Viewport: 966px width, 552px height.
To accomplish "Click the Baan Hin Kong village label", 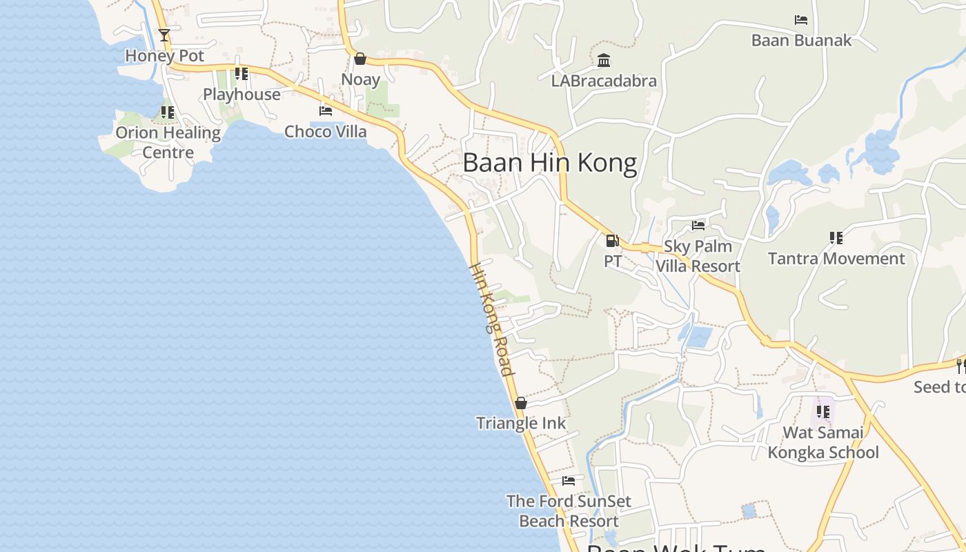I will [549, 163].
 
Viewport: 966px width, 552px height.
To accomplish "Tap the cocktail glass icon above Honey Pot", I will [164, 34].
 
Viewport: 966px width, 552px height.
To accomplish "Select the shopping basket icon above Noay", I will [359, 59].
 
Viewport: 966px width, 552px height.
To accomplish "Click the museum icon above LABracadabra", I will [604, 61].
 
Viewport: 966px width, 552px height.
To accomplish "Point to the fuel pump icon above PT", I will [612, 241].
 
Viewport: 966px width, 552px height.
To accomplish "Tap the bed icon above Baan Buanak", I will [801, 20].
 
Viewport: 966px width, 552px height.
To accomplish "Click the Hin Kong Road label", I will [491, 319].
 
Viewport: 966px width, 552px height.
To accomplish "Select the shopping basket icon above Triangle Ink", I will [521, 403].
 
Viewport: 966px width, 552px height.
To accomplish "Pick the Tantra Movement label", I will [836, 259].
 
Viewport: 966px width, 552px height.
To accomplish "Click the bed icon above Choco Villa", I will [326, 110].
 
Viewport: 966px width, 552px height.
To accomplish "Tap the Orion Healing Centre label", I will [168, 142].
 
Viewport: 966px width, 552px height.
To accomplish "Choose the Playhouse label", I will [241, 95].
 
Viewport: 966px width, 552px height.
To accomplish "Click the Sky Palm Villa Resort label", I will [698, 256].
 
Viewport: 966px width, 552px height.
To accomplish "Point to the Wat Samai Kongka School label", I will [823, 442].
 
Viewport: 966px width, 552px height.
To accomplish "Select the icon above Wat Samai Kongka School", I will [822, 412].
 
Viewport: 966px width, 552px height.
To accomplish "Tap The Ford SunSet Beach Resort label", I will [569, 511].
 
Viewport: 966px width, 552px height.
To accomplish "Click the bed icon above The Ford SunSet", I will [569, 480].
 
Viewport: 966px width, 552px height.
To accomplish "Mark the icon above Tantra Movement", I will [836, 238].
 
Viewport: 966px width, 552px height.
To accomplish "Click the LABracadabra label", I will [604, 81].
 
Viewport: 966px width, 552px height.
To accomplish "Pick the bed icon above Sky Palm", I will [698, 225].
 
